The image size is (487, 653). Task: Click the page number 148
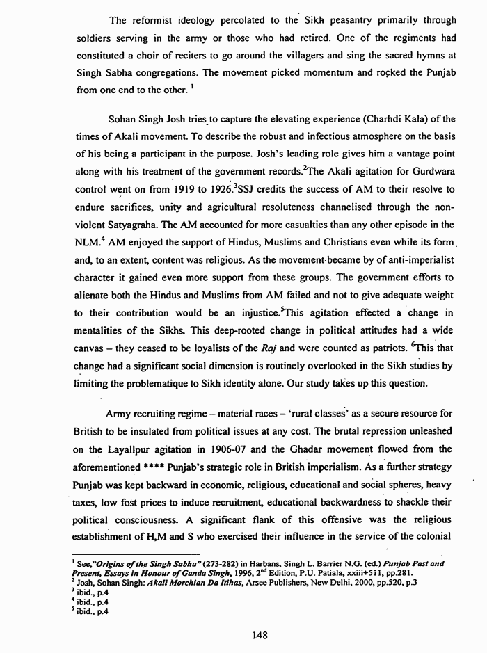click(x=243, y=634)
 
